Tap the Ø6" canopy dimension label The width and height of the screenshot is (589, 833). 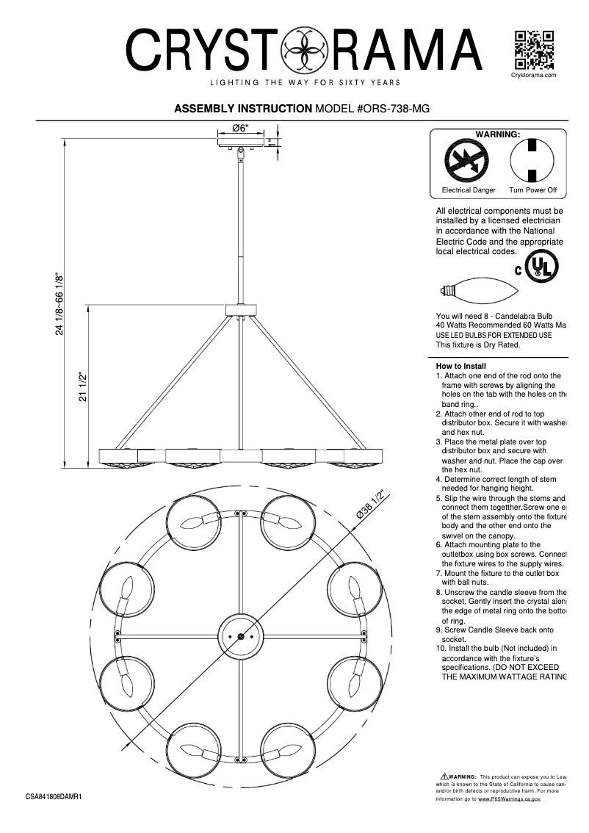(x=241, y=128)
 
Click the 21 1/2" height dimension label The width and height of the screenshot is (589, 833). (x=83, y=386)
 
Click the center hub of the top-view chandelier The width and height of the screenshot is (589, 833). (x=241, y=636)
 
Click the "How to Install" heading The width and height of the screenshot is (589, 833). (x=461, y=366)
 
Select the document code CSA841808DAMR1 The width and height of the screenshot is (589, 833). (x=54, y=796)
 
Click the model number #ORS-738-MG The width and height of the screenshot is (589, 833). (x=372, y=108)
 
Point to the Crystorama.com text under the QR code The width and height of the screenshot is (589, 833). (x=532, y=75)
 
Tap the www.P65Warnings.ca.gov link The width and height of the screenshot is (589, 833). (x=510, y=799)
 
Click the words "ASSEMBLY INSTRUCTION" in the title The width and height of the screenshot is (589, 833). (x=242, y=108)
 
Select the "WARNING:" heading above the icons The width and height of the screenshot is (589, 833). (x=498, y=134)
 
